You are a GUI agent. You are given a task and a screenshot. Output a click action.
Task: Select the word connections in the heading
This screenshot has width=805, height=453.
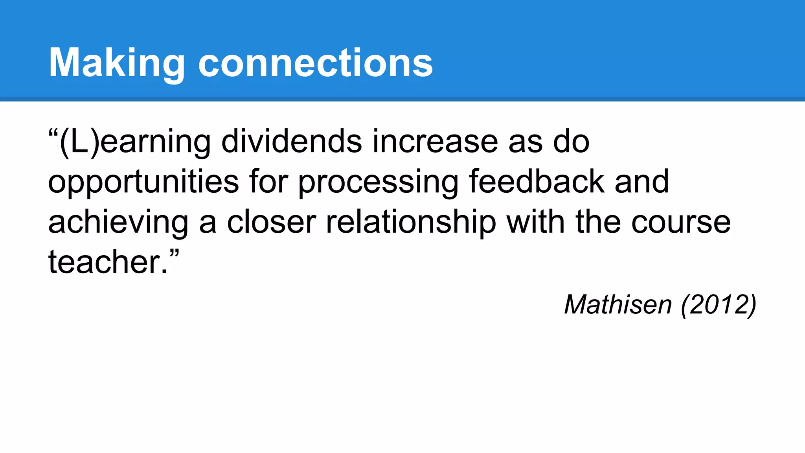coord(315,63)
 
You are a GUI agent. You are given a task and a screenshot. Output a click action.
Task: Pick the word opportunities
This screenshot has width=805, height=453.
coord(143,182)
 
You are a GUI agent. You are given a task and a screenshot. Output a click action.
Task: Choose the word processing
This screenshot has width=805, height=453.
coord(378,182)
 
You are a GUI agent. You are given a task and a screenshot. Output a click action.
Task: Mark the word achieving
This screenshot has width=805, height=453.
coord(118,223)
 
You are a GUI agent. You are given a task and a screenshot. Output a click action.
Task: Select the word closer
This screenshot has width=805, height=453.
coord(271,222)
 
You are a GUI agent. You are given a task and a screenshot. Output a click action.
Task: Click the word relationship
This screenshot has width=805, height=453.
coord(411,223)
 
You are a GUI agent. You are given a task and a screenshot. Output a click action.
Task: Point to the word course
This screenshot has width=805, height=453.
coord(681,223)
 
